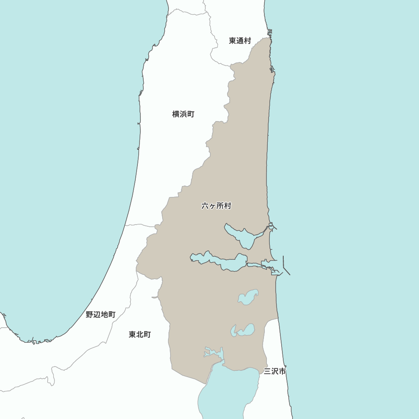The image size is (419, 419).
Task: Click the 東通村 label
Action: tap(240, 41)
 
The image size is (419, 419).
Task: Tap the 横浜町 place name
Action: tap(183, 114)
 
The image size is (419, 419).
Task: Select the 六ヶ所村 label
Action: tap(216, 206)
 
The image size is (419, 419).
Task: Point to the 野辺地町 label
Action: tap(101, 314)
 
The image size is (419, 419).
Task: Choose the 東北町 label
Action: tap(140, 334)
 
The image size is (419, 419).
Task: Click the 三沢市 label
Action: tap(275, 371)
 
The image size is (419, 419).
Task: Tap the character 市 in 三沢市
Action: tap(282, 371)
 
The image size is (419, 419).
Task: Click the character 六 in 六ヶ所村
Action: tap(205, 206)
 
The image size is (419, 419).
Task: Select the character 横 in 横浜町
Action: tap(176, 114)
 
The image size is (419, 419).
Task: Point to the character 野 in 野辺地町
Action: tap(89, 314)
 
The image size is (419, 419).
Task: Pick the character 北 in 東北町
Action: tap(140, 334)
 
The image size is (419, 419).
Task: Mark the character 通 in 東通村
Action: tap(240, 41)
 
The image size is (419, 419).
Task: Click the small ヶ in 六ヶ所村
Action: tap(212, 206)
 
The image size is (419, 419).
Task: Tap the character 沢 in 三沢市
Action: tap(275, 371)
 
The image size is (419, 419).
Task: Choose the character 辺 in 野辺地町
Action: tap(97, 314)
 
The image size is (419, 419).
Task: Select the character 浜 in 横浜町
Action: tap(183, 114)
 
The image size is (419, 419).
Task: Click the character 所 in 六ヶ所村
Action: tap(220, 206)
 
